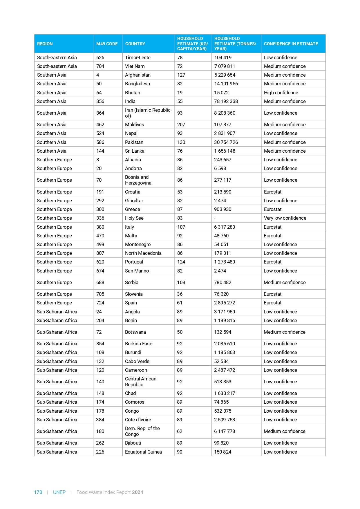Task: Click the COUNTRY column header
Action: (x=135, y=44)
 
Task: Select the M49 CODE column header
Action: (x=107, y=44)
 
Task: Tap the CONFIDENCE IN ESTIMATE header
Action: (x=291, y=44)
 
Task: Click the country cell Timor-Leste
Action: (x=138, y=57)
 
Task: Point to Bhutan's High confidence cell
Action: (x=281, y=93)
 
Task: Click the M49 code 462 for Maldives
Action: (x=100, y=124)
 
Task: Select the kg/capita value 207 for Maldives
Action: (x=181, y=124)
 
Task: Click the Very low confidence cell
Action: (x=285, y=218)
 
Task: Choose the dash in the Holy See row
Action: (x=215, y=218)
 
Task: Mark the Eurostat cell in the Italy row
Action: (x=272, y=227)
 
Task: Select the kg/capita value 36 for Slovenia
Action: (x=180, y=294)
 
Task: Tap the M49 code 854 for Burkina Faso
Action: (x=100, y=344)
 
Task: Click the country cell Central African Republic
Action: (x=140, y=382)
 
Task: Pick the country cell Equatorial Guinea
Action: (x=143, y=452)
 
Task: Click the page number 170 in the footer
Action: (x=38, y=492)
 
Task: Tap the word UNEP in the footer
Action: (x=59, y=492)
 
